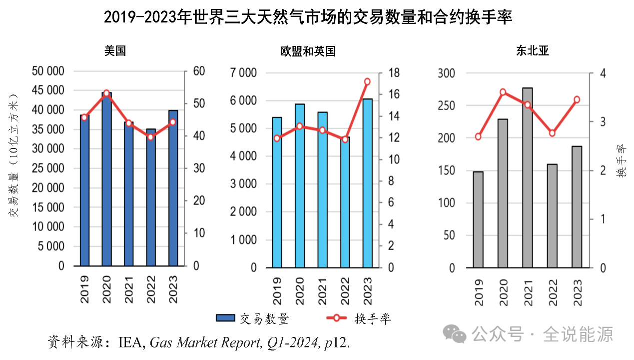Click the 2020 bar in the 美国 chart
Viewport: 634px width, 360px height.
(106, 180)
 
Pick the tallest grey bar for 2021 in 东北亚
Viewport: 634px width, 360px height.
(527, 178)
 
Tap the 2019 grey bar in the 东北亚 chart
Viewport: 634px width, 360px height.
(478, 220)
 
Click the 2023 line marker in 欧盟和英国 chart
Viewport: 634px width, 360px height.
(367, 81)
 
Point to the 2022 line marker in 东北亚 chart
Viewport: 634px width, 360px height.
(552, 133)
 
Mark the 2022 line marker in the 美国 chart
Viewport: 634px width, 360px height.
(150, 136)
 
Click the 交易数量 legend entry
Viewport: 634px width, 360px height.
(252, 318)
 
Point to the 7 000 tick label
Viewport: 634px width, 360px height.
(244, 73)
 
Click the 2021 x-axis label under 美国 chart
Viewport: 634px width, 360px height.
(128, 289)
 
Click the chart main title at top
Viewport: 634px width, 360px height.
(308, 18)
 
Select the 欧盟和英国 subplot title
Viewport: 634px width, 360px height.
(308, 51)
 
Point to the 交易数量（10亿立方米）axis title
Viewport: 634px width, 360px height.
(14, 155)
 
